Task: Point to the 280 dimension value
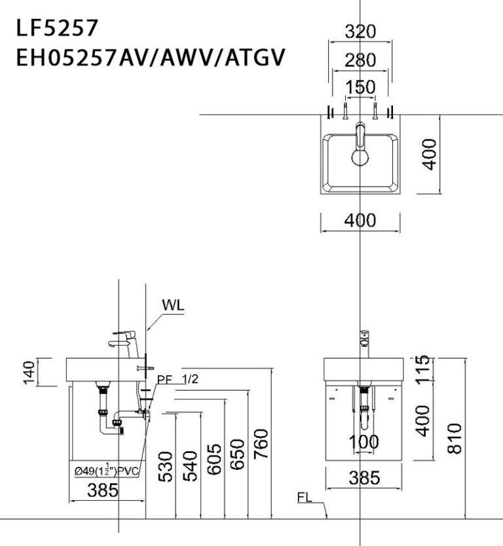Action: tap(360, 61)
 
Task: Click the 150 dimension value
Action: tap(360, 87)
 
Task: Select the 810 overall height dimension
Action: tap(455, 437)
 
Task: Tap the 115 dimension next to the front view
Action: tap(423, 369)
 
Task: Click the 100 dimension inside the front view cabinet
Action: tap(364, 442)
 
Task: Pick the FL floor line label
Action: tap(304, 498)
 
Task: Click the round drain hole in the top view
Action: tap(360, 157)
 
